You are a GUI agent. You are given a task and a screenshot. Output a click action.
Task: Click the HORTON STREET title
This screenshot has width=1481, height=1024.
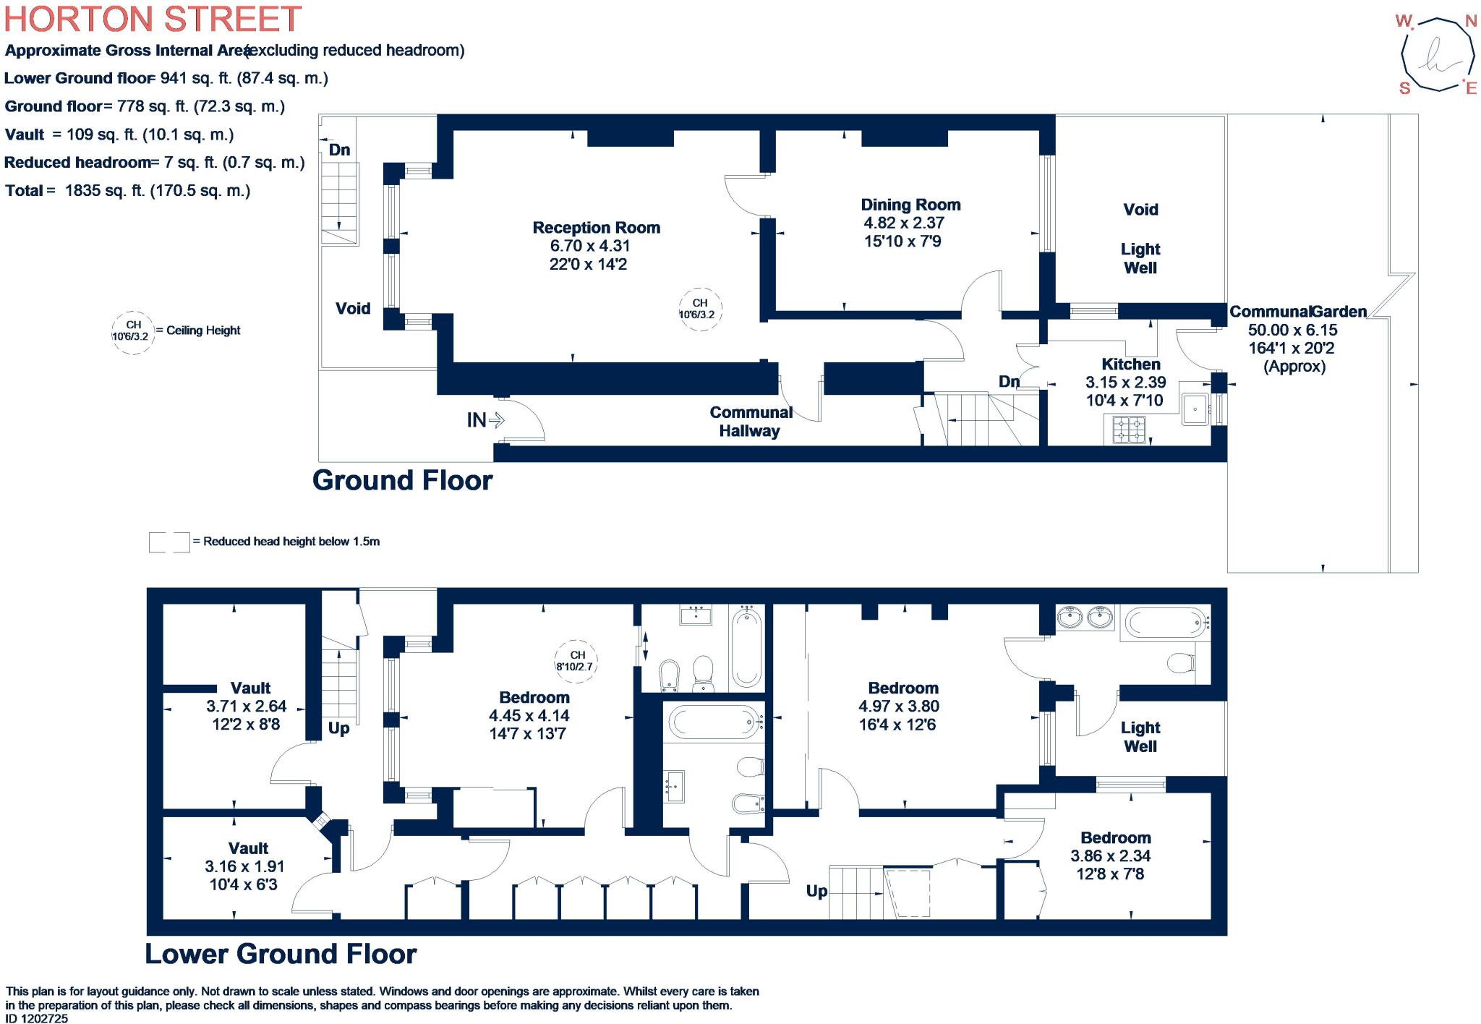pos(153,19)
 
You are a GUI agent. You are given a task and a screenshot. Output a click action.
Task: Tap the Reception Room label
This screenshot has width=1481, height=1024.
pos(596,228)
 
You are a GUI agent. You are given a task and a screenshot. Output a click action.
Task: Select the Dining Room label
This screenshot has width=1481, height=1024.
pos(910,205)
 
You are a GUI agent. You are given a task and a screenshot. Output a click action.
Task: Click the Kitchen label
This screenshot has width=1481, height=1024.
pos(1130,364)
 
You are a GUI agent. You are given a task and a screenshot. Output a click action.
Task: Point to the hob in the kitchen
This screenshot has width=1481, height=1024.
pos(1129,430)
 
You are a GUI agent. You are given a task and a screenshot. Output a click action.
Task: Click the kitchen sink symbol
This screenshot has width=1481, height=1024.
pos(1196,410)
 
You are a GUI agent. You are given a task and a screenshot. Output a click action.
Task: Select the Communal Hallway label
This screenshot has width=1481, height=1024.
pos(751,422)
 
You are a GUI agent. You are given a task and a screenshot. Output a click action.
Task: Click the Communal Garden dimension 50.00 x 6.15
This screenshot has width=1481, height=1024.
pos(1292,330)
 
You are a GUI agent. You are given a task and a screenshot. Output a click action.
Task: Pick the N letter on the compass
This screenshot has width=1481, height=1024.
pos(1470,22)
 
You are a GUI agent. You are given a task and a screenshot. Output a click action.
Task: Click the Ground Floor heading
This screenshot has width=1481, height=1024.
pos(402,480)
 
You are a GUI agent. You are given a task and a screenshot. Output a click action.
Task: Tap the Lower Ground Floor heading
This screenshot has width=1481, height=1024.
pos(281,954)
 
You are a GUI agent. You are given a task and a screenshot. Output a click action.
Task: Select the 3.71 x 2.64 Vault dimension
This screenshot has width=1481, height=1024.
pos(246,706)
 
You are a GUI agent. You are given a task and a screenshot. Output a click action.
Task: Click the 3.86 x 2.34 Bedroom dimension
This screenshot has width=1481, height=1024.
pos(1110,856)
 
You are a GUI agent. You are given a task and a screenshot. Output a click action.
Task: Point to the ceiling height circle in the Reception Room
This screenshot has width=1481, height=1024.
pos(700,309)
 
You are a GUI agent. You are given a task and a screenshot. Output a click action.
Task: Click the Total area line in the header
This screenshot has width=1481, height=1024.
pos(127,191)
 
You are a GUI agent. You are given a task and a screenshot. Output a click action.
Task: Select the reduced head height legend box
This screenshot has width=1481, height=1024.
pos(169,542)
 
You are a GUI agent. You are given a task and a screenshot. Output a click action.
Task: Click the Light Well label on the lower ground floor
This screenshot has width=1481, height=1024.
pos(1140,737)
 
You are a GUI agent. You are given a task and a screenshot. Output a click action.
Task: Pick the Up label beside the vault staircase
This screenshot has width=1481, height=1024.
pos(338,728)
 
